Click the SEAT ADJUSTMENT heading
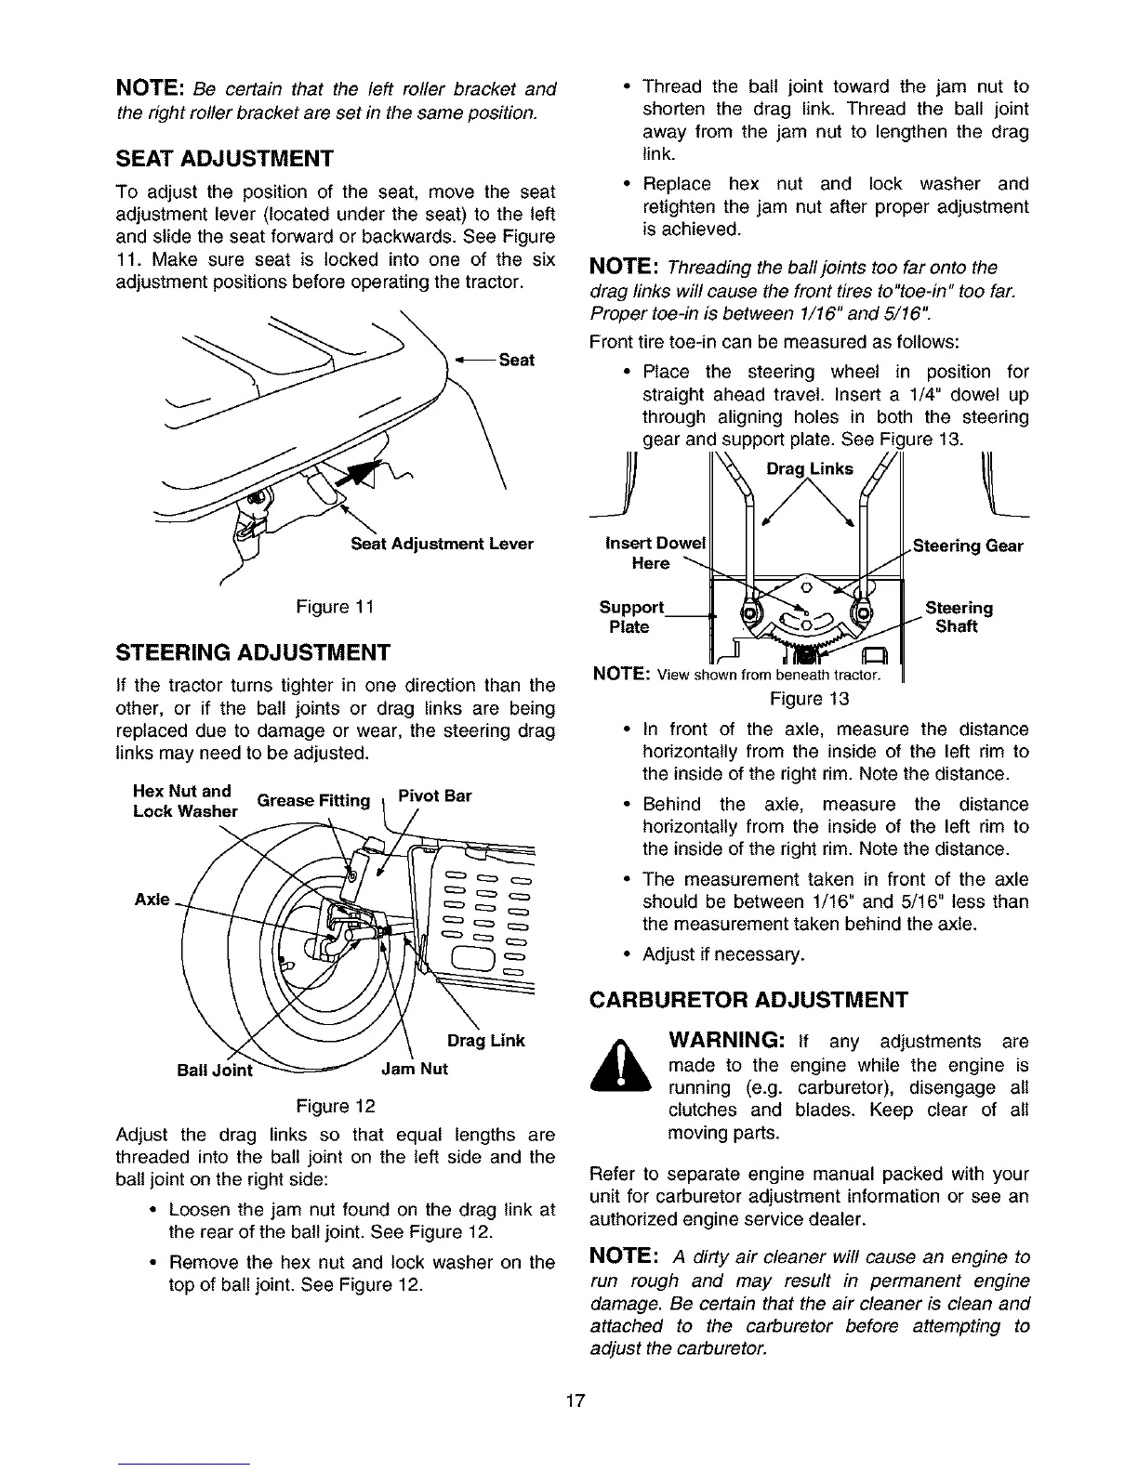tap(223, 158)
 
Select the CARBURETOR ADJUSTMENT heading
tap(748, 1000)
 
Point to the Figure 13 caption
tap(810, 698)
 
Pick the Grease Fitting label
tap(313, 800)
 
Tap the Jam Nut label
tap(415, 1069)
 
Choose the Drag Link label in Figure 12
tap(486, 1041)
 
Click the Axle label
tap(152, 900)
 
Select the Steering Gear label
tap(968, 545)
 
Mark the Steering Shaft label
tap(959, 617)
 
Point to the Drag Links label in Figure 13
tap(809, 469)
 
